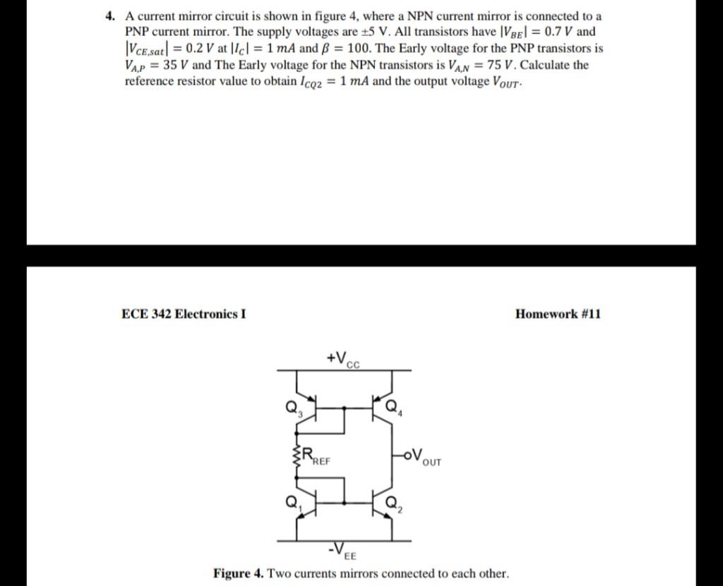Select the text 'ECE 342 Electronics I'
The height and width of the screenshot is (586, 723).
pyautogui.click(x=184, y=314)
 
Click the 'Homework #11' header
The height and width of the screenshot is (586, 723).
pyautogui.click(x=558, y=314)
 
